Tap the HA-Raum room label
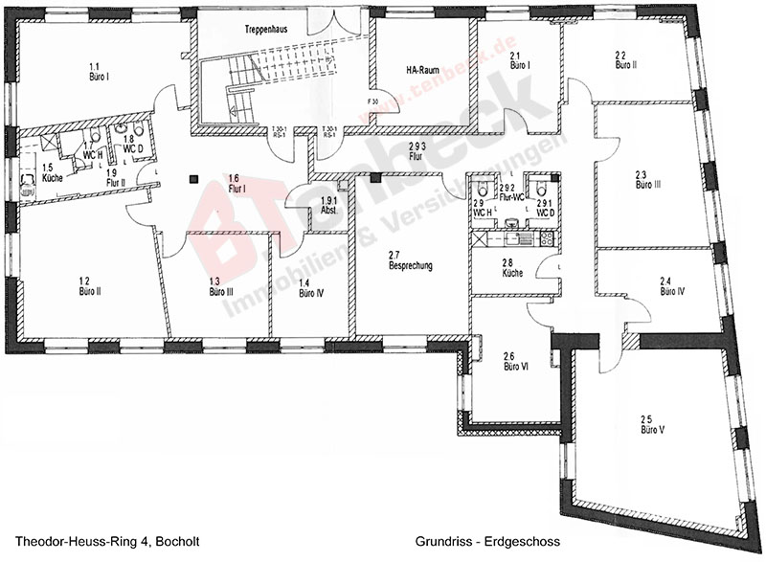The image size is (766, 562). click(x=420, y=69)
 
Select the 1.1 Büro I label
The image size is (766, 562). click(x=97, y=69)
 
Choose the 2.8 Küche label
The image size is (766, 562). click(x=511, y=268)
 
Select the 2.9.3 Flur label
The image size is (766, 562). click(x=416, y=150)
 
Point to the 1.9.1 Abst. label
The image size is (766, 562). click(x=329, y=205)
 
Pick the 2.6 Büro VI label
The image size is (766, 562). click(x=516, y=361)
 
